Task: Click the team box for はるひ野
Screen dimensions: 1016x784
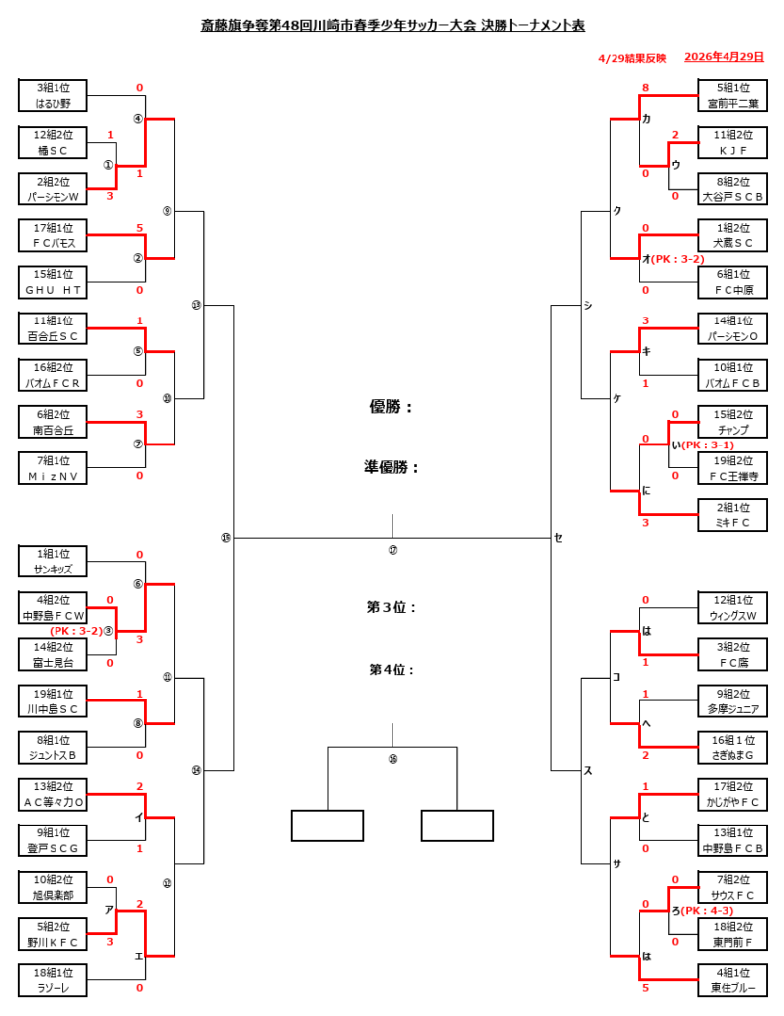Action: pyautogui.click(x=53, y=95)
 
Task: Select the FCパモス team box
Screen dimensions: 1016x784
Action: pyautogui.click(x=53, y=235)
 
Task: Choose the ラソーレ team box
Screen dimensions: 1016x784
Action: pyautogui.click(x=53, y=980)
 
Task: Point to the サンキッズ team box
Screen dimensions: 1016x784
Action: pyautogui.click(x=53, y=562)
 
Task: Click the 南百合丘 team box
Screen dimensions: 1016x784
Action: pyautogui.click(x=53, y=422)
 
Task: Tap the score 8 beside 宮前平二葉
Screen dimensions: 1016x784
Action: pyautogui.click(x=645, y=88)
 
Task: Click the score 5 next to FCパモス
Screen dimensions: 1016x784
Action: pyautogui.click(x=140, y=228)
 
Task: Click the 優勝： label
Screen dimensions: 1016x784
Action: pyautogui.click(x=392, y=406)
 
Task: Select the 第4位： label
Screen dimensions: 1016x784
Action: pyautogui.click(x=392, y=670)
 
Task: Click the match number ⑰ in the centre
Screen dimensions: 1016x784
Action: pyautogui.click(x=392, y=550)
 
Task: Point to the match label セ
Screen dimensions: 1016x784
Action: pyautogui.click(x=558, y=538)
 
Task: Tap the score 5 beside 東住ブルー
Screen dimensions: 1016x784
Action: pyautogui.click(x=645, y=988)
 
